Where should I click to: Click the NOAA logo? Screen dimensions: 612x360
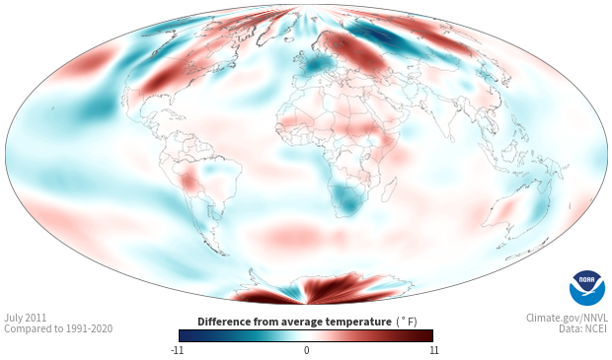pos(587,288)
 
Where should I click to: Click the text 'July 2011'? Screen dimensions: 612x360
pos(26,318)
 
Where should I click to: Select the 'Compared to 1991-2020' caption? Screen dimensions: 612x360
pos(58,328)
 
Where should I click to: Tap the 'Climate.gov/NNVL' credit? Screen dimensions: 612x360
pos(567,318)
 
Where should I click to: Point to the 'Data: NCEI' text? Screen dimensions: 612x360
pos(583,328)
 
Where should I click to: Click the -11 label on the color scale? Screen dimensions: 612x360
pos(178,350)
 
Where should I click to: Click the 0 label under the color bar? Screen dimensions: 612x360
pos(306,350)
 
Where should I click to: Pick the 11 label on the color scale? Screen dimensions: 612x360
pos(434,350)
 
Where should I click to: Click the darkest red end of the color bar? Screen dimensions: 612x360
pos(430,335)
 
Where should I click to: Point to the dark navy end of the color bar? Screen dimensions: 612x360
pos(183,335)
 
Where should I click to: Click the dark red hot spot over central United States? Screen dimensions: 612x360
pos(161,80)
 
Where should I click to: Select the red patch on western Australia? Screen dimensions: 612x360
pos(505,208)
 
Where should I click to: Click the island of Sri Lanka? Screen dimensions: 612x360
pos(452,138)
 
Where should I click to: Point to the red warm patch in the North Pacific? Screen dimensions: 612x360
pos(87,62)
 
